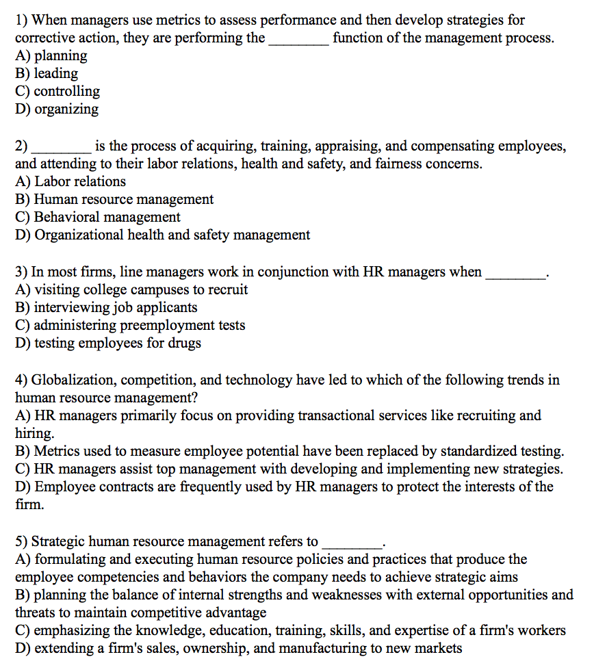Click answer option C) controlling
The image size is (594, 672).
tap(57, 91)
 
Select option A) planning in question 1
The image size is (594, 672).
tap(51, 55)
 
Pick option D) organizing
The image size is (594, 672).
tap(57, 109)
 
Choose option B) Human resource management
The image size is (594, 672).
tap(114, 199)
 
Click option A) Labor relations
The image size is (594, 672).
tap(70, 181)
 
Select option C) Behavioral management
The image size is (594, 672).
tap(98, 217)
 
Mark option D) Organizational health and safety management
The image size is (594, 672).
tap(162, 235)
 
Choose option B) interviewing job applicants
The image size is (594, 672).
tap(106, 307)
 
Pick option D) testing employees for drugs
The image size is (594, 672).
tap(108, 343)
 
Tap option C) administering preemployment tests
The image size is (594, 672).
tap(130, 325)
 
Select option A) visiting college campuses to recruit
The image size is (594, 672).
tap(131, 289)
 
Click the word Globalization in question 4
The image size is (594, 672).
tap(70, 380)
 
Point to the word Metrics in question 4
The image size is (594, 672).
tap(57, 451)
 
